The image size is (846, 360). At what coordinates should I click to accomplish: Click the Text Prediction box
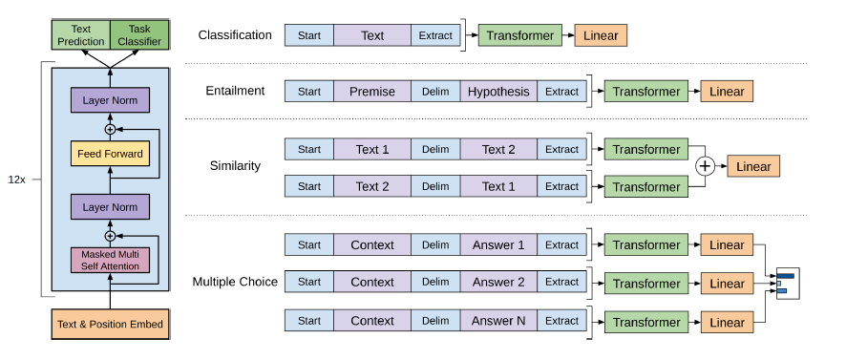[x=81, y=35]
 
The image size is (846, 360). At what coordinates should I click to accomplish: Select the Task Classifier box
[x=138, y=35]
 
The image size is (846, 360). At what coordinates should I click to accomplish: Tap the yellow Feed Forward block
[x=110, y=154]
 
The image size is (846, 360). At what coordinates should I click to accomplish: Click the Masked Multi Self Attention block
[x=110, y=260]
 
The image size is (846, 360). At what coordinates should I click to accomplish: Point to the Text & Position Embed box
[x=110, y=324]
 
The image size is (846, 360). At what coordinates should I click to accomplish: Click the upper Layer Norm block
[x=110, y=100]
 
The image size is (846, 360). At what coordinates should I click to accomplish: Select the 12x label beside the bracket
[x=16, y=179]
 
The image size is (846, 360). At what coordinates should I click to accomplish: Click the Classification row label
[x=235, y=35]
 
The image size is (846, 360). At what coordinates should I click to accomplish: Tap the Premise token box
[x=372, y=92]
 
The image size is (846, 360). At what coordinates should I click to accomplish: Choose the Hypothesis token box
[x=497, y=92]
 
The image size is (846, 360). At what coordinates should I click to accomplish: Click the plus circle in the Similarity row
[x=705, y=166]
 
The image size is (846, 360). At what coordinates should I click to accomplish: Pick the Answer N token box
[x=497, y=321]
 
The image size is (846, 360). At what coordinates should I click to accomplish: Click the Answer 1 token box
[x=497, y=244]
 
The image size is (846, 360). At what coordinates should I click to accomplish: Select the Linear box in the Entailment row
[x=727, y=92]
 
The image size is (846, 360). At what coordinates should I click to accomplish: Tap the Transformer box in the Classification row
[x=519, y=36]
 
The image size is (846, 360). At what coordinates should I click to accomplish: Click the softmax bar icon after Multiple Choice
[x=786, y=283]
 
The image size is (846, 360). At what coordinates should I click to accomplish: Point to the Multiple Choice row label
[x=235, y=282]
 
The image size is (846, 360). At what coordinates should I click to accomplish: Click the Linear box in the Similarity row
[x=753, y=166]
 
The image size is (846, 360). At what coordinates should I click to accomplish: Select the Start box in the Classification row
[x=308, y=36]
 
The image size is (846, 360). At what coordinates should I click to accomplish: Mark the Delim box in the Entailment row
[x=435, y=92]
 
